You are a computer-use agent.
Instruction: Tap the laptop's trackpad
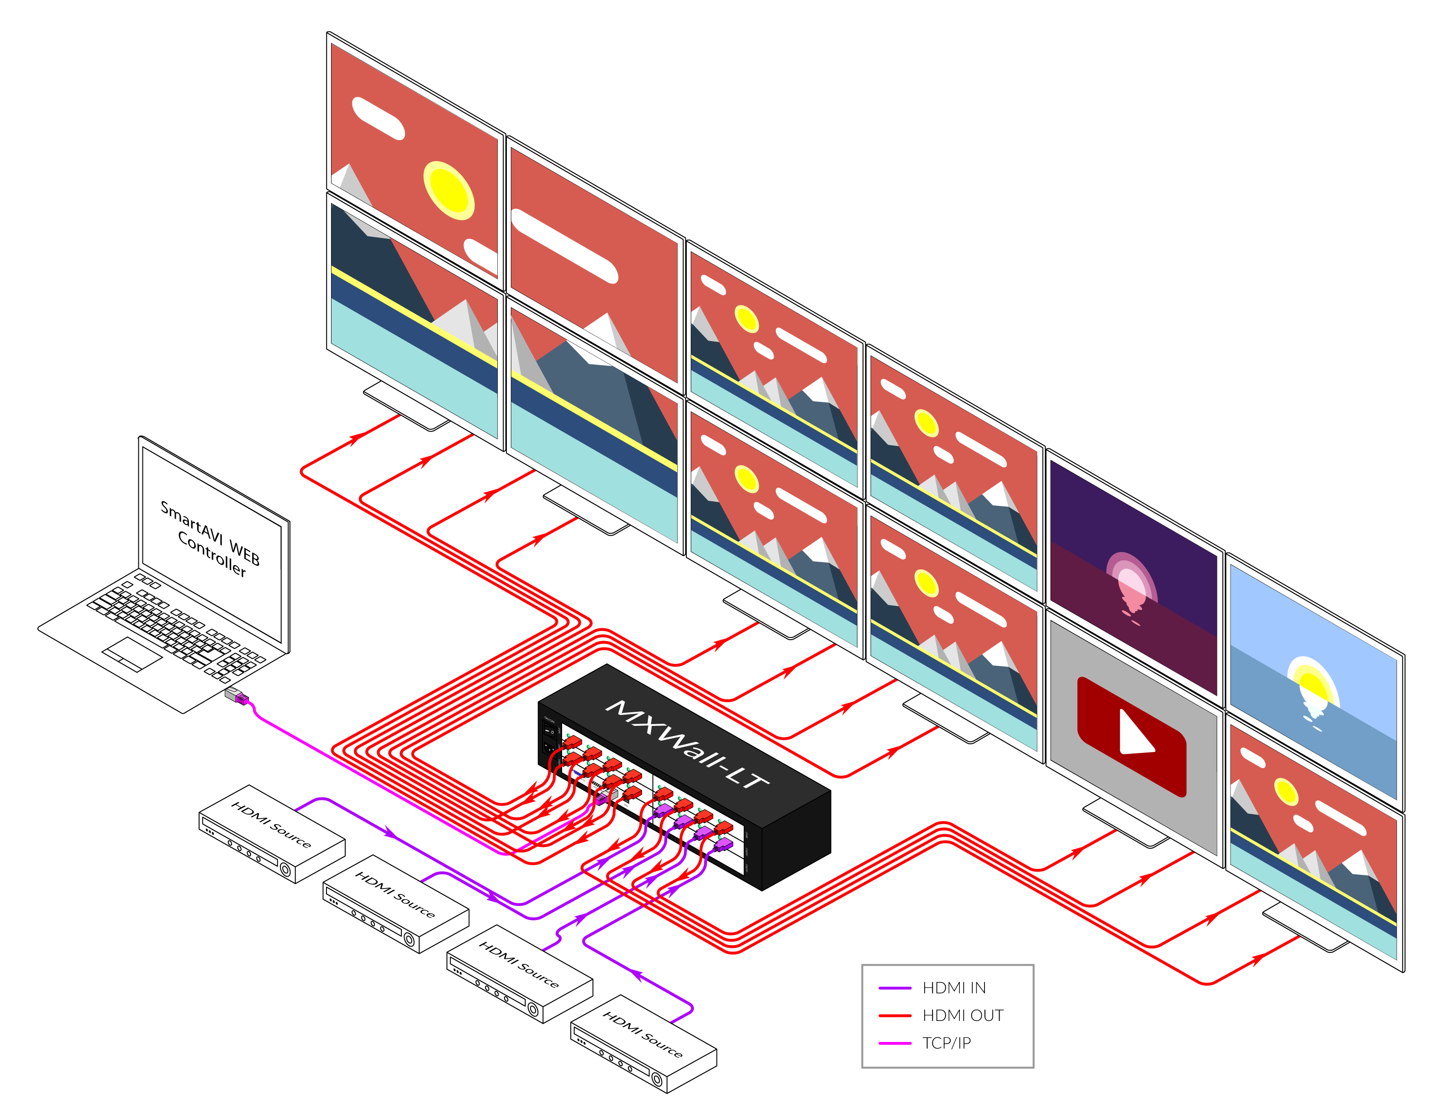132,654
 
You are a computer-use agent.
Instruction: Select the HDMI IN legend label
954,988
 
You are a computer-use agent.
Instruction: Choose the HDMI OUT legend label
963,1015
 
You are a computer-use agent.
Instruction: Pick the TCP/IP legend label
946,1043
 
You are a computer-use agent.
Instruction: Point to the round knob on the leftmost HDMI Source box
285,870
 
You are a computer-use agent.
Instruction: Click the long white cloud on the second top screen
564,245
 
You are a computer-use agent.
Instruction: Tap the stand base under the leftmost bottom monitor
406,405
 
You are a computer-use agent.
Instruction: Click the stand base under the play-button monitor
1125,822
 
